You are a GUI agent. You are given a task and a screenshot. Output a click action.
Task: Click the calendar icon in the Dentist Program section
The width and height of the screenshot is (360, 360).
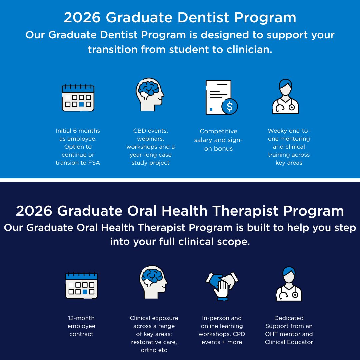click(x=78, y=98)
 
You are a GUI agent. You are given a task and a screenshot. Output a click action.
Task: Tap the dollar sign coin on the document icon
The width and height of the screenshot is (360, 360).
click(x=230, y=106)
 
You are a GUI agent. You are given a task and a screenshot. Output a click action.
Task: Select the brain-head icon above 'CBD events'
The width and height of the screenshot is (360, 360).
click(x=150, y=95)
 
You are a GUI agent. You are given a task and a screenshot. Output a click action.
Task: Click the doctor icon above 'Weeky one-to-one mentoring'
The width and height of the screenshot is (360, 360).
click(x=285, y=96)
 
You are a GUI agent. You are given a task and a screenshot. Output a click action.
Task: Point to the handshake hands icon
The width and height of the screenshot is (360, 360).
click(x=222, y=286)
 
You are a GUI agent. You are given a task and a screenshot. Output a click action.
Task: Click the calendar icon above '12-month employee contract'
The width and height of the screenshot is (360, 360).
click(x=82, y=285)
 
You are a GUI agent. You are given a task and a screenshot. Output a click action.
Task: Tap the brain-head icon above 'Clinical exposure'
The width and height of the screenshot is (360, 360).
click(x=153, y=282)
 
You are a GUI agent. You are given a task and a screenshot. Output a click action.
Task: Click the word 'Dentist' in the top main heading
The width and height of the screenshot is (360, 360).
click(x=203, y=17)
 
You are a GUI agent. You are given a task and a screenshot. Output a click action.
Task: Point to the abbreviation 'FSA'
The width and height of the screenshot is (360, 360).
click(x=94, y=163)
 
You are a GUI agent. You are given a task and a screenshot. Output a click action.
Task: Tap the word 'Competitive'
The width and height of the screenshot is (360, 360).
click(x=218, y=131)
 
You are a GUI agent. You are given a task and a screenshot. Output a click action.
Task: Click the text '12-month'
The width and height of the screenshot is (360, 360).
click(x=81, y=318)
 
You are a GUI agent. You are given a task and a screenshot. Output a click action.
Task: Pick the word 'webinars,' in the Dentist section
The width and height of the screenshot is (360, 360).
click(x=151, y=139)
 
